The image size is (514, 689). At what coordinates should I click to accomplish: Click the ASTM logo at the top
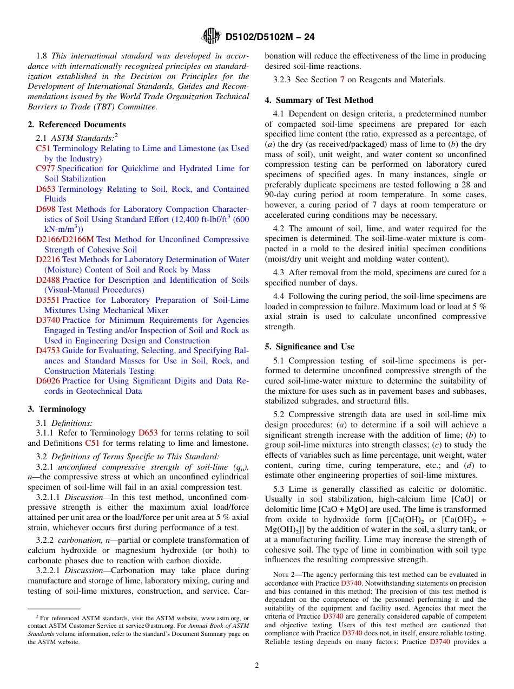click(x=211, y=36)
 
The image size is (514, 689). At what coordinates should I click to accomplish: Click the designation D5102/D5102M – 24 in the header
click(x=270, y=37)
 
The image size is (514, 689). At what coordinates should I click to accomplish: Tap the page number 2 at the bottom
click(x=257, y=665)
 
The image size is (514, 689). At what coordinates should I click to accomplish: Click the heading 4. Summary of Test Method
click(x=319, y=100)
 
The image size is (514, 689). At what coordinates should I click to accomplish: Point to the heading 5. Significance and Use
click(x=309, y=347)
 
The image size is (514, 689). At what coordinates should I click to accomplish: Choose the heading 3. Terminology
click(x=56, y=409)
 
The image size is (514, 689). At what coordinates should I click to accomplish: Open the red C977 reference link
click(x=45, y=168)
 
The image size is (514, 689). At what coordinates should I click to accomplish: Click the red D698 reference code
click(x=45, y=209)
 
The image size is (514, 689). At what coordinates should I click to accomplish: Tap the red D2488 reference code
click(x=48, y=280)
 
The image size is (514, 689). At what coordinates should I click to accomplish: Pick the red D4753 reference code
click(x=48, y=350)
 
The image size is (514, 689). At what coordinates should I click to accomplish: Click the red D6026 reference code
click(x=48, y=381)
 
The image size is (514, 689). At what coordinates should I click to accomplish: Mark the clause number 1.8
click(x=42, y=56)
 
